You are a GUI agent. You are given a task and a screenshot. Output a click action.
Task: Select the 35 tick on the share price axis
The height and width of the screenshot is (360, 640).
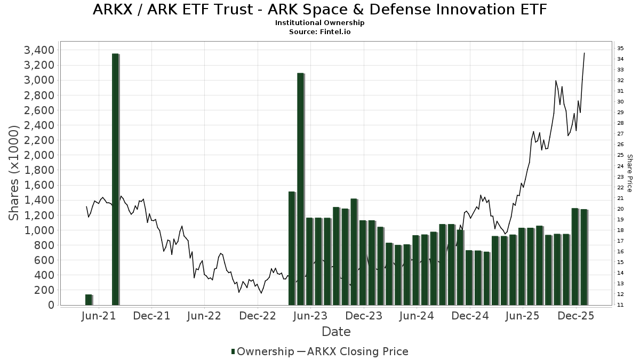point(620,49)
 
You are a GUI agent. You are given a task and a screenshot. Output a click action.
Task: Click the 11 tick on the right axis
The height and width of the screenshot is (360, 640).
point(620,305)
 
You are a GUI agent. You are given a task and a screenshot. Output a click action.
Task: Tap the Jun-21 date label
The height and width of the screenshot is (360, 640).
point(99,316)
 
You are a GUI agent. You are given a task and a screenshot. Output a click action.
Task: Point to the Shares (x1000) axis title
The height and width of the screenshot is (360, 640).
point(14,173)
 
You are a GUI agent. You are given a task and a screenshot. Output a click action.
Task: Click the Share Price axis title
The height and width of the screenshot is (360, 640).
point(630,173)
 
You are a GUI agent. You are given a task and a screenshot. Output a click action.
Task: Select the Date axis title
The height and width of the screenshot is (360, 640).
point(336,332)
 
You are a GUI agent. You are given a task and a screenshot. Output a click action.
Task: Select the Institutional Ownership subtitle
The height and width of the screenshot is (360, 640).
point(319,23)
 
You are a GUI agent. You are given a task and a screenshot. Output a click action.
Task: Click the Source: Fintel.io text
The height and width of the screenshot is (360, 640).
point(319,31)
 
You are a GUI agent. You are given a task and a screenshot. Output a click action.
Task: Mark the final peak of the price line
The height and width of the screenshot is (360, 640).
point(585,53)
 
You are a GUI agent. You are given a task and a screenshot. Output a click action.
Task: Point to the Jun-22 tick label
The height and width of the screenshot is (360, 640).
point(205,316)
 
